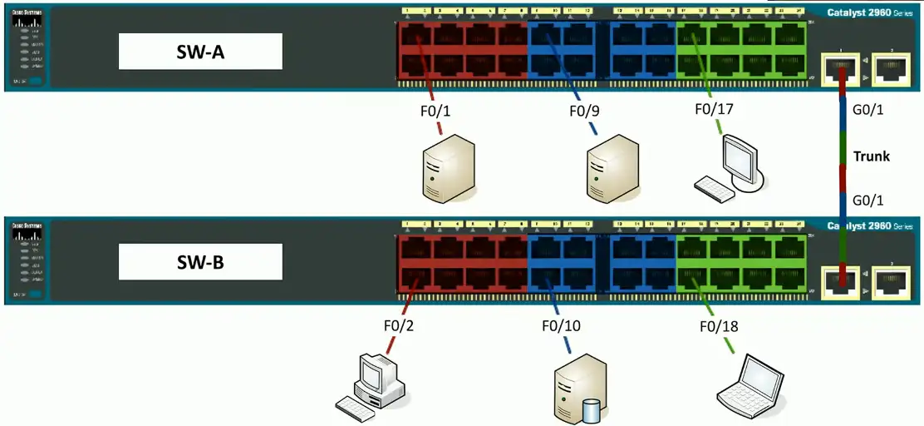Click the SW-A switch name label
[200, 52]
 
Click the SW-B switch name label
[200, 262]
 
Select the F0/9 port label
[585, 109]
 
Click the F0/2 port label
[399, 325]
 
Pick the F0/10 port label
[561, 325]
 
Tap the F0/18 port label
[718, 325]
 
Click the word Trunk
[872, 156]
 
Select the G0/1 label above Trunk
[867, 110]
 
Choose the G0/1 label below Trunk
[867, 200]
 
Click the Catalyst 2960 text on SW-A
[868, 12]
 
